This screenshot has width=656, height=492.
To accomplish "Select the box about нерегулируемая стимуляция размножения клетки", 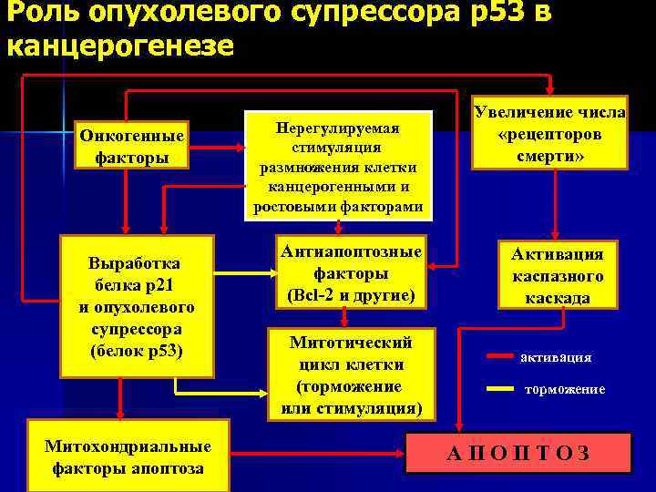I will pyautogui.click(x=338, y=165).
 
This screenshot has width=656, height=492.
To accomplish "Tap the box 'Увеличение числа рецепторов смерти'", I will pyautogui.click(x=548, y=132).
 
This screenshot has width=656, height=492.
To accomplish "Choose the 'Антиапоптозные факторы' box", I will pyautogui.click(x=350, y=273).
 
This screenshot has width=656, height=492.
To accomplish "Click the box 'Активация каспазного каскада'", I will pyautogui.click(x=557, y=273).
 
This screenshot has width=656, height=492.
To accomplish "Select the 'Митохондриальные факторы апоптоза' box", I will pyautogui.click(x=128, y=457).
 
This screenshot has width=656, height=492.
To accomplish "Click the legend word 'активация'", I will pyautogui.click(x=556, y=357).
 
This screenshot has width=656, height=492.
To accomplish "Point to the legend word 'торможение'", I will pyautogui.click(x=564, y=389).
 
